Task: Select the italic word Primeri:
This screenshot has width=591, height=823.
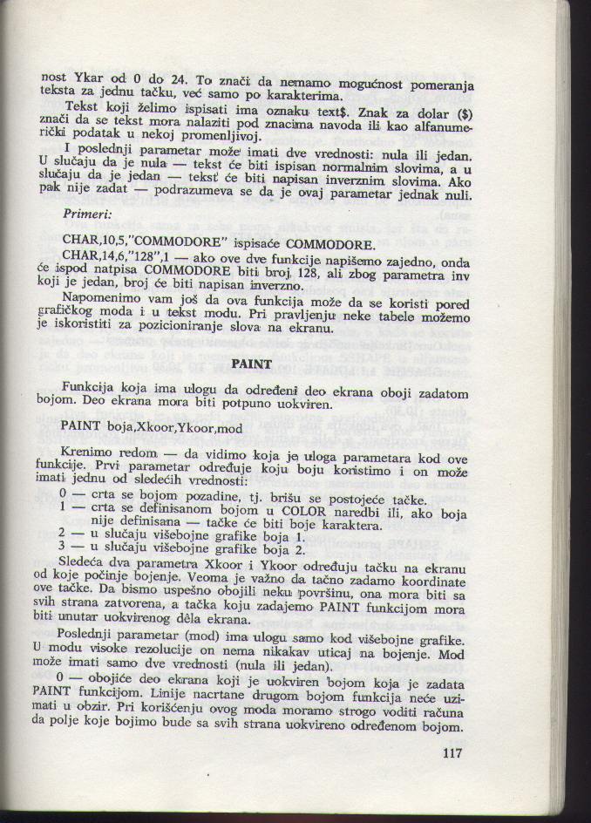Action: (x=86, y=214)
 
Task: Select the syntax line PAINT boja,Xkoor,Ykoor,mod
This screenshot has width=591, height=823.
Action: (x=151, y=428)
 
